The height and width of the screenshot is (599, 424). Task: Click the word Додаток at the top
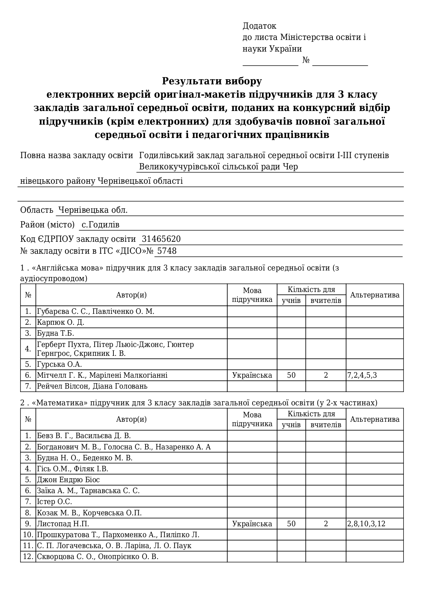click(x=259, y=26)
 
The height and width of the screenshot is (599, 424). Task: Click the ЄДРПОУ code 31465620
click(x=161, y=239)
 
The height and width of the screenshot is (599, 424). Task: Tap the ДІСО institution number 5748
click(x=167, y=251)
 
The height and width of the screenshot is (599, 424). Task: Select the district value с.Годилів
click(x=100, y=225)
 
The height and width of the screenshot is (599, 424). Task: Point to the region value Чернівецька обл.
click(x=93, y=210)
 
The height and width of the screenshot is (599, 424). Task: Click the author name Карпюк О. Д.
click(x=60, y=322)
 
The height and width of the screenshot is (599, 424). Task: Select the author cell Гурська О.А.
click(x=59, y=364)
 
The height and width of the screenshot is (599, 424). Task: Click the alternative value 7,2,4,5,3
click(x=362, y=375)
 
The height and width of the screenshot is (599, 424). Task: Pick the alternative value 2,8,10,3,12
click(x=366, y=524)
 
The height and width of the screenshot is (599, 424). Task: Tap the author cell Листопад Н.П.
click(x=63, y=524)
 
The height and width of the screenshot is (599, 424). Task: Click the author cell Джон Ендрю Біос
click(x=68, y=480)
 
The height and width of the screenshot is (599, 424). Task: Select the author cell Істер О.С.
click(x=54, y=502)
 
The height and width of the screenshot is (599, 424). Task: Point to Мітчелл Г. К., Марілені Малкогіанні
click(x=102, y=375)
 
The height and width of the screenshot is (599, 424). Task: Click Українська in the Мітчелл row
click(x=252, y=375)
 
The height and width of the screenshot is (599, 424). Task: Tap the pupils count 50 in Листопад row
click(x=291, y=524)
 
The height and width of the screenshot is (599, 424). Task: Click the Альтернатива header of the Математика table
click(x=374, y=419)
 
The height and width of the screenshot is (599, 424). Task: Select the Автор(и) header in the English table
click(x=131, y=295)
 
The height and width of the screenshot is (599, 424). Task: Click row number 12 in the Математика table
click(x=28, y=557)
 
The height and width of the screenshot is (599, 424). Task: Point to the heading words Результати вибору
click(x=212, y=81)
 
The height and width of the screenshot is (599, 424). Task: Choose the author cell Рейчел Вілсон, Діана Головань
click(x=92, y=386)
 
